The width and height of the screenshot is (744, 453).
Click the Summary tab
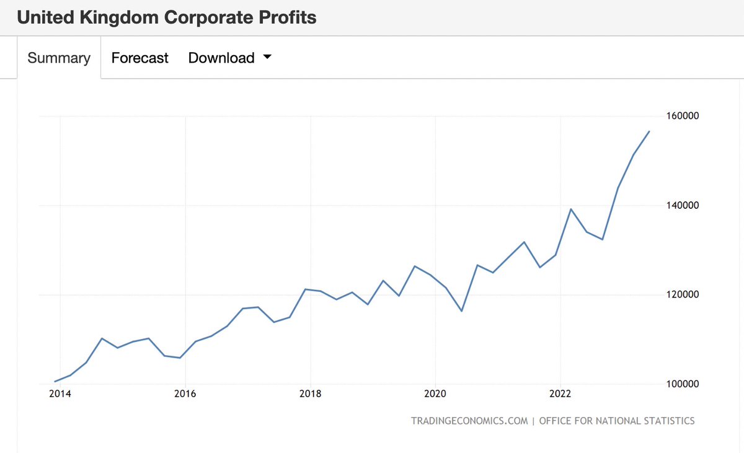coord(59,58)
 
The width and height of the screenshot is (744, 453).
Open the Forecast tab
coord(139,58)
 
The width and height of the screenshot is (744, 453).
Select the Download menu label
coord(221,58)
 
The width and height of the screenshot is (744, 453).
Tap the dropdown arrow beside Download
coord(267,57)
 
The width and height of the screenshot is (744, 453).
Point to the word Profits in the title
coord(286,17)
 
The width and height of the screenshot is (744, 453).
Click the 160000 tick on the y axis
coord(681,117)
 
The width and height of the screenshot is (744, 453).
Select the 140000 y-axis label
coord(681,206)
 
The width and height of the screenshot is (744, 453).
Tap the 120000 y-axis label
coord(681,295)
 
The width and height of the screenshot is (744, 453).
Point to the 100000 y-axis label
coord(681,384)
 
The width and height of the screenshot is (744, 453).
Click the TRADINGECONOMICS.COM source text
coord(469,421)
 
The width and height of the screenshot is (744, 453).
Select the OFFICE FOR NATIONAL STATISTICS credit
coord(617,421)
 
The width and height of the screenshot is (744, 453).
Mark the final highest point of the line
coord(649,131)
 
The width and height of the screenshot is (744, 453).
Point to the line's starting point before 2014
coord(55,381)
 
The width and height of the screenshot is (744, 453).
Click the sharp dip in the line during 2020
coord(461,310)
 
